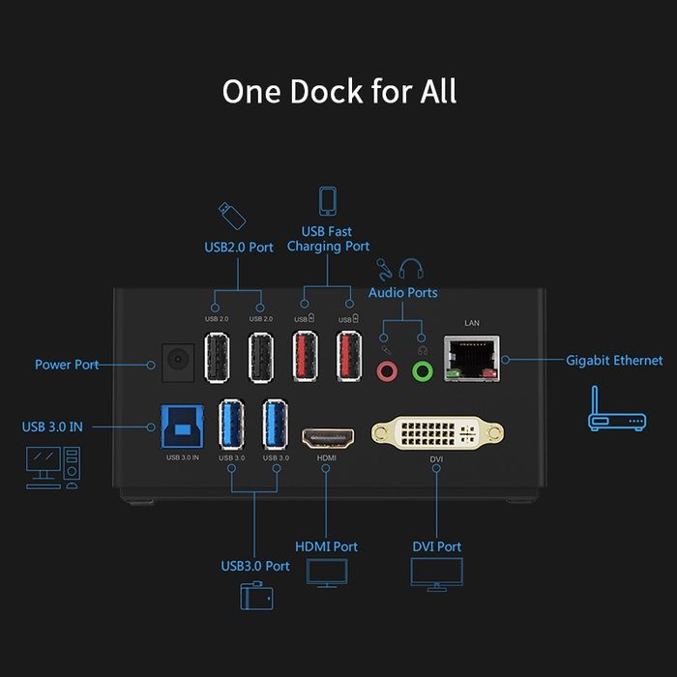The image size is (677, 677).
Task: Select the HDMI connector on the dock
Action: pos(326,437)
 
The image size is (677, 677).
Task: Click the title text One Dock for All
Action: pos(338,92)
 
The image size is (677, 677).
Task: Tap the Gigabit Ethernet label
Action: pos(614,361)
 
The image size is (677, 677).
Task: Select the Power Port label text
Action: pos(67,365)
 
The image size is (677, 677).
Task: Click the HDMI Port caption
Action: pos(326,546)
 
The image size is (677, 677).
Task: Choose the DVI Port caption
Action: pos(436,546)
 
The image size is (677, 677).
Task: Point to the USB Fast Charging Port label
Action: pos(327,239)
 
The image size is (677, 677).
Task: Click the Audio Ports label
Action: pos(402,292)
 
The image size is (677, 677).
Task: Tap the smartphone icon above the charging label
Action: pos(327,201)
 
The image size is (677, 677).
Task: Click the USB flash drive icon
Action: pos(225,212)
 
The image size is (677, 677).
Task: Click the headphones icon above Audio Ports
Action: pos(411,268)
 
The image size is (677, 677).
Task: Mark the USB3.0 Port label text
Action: pos(254,566)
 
